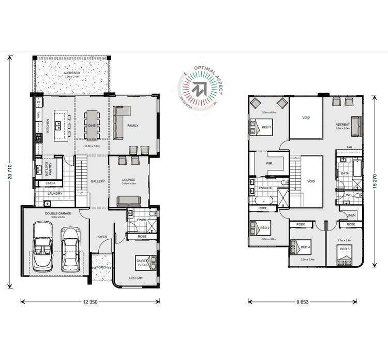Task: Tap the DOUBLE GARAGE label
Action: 57,213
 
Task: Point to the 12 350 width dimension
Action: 90,301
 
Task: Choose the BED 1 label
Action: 267,127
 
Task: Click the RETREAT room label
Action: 342,125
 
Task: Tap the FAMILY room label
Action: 133,125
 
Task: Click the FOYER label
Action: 101,237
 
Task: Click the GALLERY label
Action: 98,181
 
